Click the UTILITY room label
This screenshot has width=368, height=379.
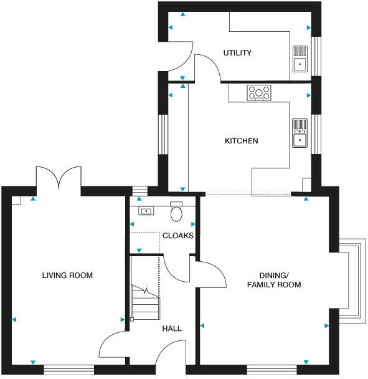(x=237, y=53)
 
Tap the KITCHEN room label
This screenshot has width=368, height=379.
(x=241, y=141)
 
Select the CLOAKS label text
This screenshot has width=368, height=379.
(x=178, y=236)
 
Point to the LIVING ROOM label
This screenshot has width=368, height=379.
(x=67, y=275)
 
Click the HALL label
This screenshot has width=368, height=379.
(x=172, y=328)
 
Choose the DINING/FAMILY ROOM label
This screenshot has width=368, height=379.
(x=274, y=280)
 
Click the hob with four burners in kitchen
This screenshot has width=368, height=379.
(x=259, y=93)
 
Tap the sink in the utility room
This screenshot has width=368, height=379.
(x=300, y=59)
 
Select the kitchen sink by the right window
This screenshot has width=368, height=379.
(x=300, y=133)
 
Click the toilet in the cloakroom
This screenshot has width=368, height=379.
(x=176, y=213)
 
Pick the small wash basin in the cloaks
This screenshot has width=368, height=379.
(x=146, y=211)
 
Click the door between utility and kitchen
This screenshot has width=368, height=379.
(x=207, y=68)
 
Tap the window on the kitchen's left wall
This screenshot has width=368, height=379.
(x=163, y=133)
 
